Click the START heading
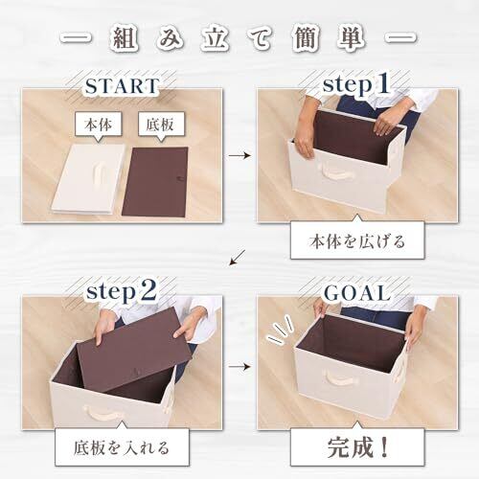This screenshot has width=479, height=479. coord(122,86)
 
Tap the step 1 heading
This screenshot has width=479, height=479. coord(355,84)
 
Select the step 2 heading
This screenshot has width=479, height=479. coord(122,292)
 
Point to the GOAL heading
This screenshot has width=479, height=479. coord(357,293)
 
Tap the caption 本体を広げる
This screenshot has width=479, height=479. coord(357,241)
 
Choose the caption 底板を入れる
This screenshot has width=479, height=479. coord(122,447)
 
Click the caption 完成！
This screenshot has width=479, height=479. coord(357,447)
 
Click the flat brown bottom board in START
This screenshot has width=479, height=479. coord(155,181)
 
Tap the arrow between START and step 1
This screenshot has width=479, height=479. coord(239,156)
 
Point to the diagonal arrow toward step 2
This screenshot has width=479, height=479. coord(238,258)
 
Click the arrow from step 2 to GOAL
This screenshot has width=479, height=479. coord(239,367)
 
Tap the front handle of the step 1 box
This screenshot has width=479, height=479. coord(335,173)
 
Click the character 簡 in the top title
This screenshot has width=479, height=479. coord(306,40)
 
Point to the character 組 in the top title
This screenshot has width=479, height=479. coord(125,40)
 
